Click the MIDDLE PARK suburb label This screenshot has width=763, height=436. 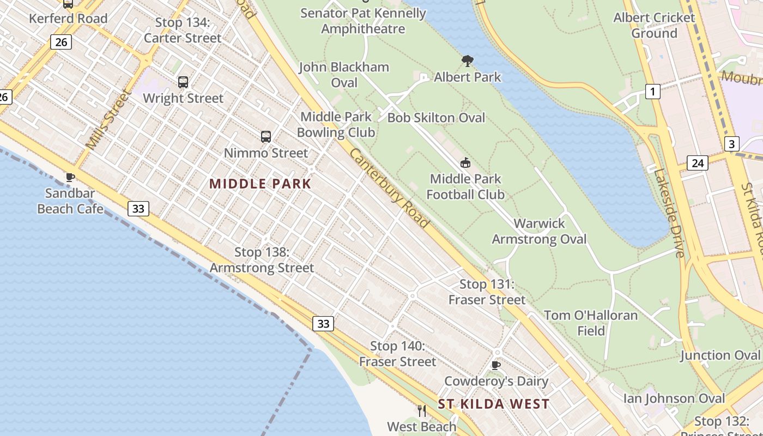[x=260, y=184]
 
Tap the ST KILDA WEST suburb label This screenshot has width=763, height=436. [x=494, y=404]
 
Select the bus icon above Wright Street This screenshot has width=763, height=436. [x=183, y=82]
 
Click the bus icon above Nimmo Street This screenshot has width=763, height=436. [x=266, y=137]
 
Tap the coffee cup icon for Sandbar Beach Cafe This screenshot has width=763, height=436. [x=70, y=177]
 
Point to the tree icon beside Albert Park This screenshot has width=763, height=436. [x=467, y=60]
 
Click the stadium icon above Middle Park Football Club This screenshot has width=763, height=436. [x=465, y=162]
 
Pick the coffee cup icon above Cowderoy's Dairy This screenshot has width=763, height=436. [x=495, y=365]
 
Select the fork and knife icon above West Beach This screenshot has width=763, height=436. [x=421, y=410]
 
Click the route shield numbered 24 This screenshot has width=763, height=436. [x=697, y=162]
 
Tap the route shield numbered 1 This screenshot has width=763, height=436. [x=652, y=92]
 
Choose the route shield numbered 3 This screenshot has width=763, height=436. [x=731, y=144]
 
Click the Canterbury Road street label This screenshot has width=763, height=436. [x=389, y=188]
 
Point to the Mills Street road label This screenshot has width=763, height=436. [x=109, y=119]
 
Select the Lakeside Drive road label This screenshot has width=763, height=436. [x=669, y=213]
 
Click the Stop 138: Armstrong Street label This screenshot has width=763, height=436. [x=262, y=260]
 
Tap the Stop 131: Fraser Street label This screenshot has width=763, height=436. [x=487, y=292]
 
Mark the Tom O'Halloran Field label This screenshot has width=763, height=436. [x=591, y=323]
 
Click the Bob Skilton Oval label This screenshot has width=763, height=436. [x=436, y=118]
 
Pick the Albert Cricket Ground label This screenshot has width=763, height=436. [x=654, y=25]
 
